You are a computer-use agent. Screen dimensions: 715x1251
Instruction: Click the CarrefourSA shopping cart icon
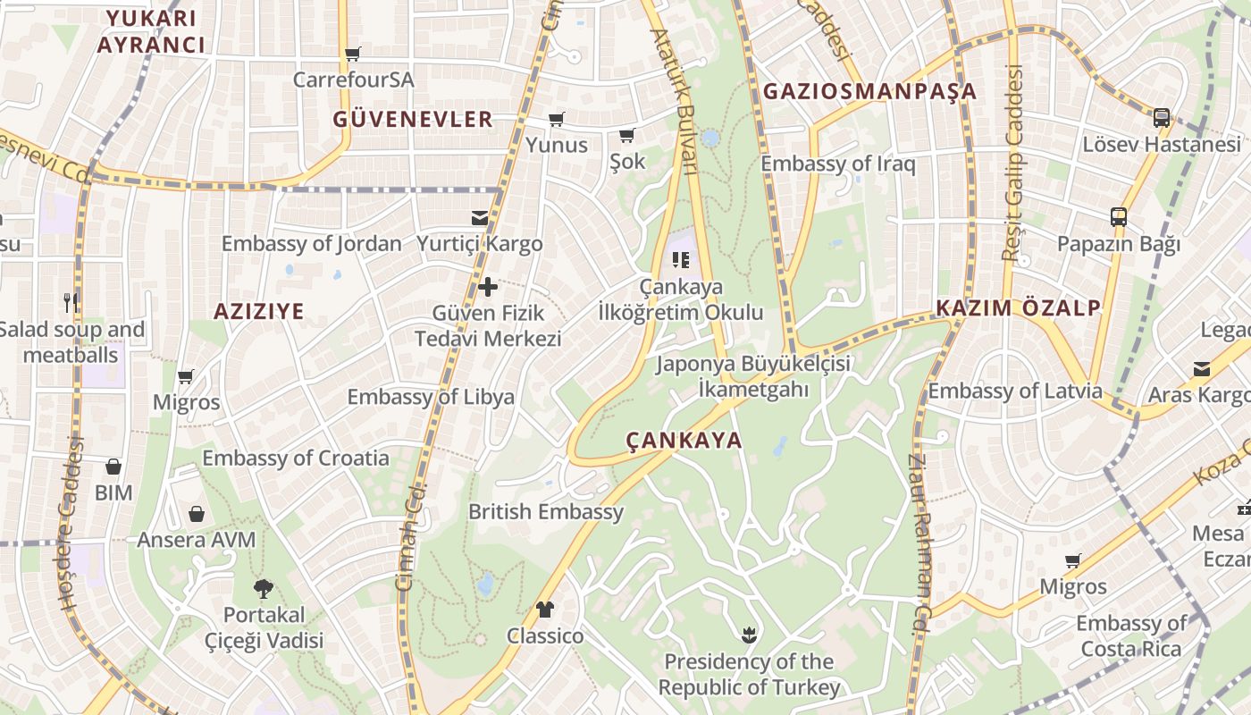coord(353,54)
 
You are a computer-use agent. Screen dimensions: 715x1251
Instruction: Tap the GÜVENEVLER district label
coord(413,119)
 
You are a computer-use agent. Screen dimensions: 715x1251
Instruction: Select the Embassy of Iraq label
coord(837,164)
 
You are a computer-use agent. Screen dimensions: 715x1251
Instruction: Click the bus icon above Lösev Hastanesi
coord(1161,117)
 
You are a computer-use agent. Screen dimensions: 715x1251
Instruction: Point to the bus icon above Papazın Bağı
coord(1118,216)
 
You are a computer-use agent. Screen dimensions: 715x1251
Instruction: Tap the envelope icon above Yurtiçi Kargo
coord(480,217)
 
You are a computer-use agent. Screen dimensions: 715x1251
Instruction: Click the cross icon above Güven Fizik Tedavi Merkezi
coord(488,287)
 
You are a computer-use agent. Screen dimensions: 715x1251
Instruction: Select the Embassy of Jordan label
coord(311,243)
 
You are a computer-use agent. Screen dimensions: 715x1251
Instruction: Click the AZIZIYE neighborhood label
coord(258,311)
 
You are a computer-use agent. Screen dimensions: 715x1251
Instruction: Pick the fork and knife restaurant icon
coord(71,302)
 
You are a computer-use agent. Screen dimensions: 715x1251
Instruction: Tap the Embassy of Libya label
coord(431,397)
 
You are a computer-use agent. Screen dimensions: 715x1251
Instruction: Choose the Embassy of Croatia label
coord(296,458)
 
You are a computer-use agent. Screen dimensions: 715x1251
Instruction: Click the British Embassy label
coord(546,512)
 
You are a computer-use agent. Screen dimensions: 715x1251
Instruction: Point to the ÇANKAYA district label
coord(684,440)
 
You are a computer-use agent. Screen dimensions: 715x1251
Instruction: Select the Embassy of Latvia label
coord(1015,391)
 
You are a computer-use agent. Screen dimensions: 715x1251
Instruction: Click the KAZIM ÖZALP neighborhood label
coord(1018,308)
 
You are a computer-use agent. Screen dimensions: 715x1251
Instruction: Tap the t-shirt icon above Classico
coord(545,610)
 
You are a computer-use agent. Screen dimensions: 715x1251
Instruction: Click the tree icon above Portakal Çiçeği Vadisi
coord(264,588)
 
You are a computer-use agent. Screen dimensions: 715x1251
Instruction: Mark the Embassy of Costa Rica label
coord(1131,635)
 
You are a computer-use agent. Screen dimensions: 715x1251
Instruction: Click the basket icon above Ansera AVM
coord(197,514)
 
